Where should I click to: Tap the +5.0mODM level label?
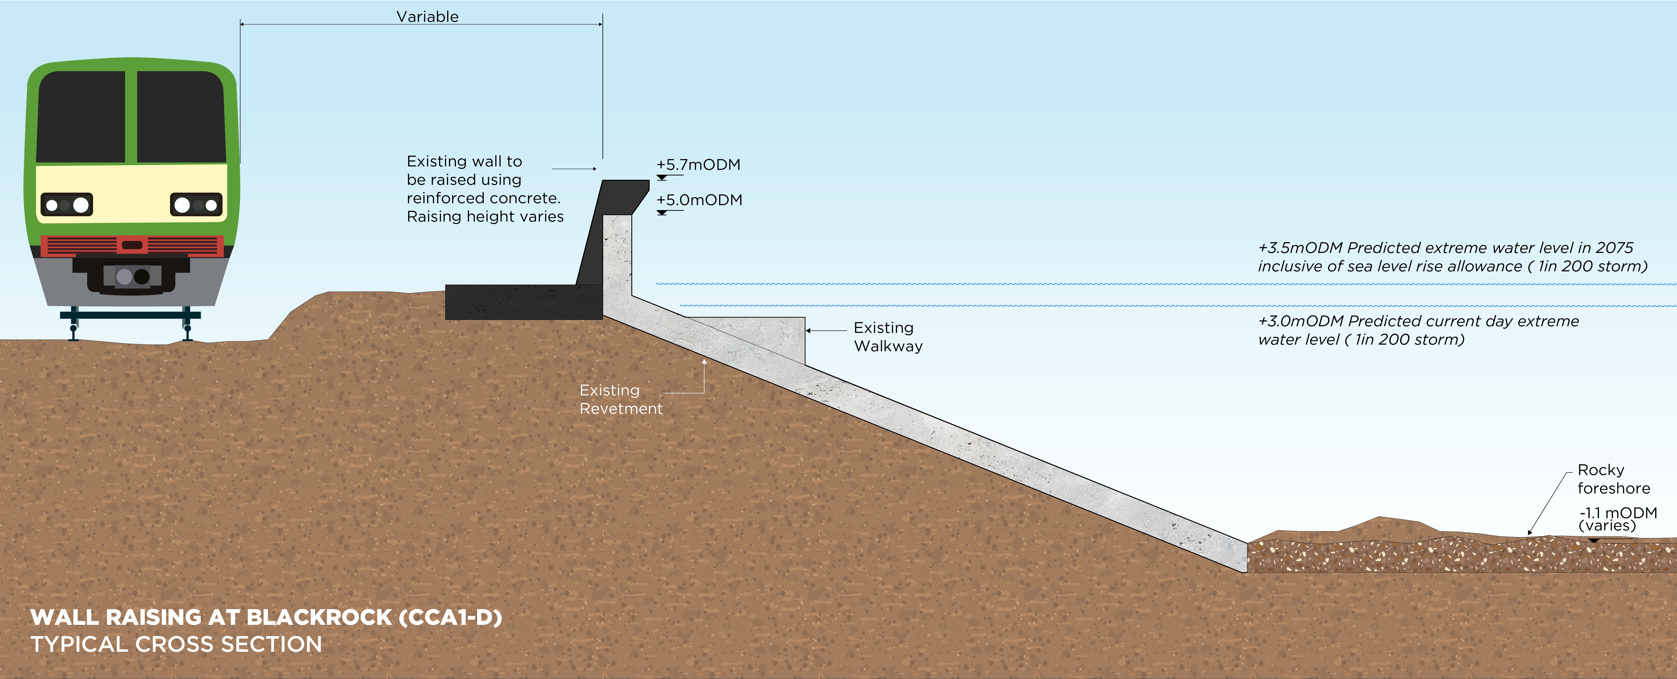pyautogui.click(x=699, y=200)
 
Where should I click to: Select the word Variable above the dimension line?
pyautogui.click(x=427, y=17)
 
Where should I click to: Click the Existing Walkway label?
pyautogui.click(x=887, y=337)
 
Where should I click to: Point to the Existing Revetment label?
pyautogui.click(x=620, y=399)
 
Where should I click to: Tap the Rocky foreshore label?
pyautogui.click(x=1613, y=479)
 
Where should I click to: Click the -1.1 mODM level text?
pyautogui.click(x=1618, y=513)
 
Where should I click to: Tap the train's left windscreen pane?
pyautogui.click(x=81, y=117)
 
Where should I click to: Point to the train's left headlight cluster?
pyautogui.click(x=67, y=205)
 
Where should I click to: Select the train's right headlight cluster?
pyautogui.click(x=196, y=205)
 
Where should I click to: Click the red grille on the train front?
pyautogui.click(x=132, y=245)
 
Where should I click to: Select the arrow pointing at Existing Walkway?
pyautogui.click(x=825, y=330)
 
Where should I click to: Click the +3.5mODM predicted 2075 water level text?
pyautogui.click(x=1452, y=257)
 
